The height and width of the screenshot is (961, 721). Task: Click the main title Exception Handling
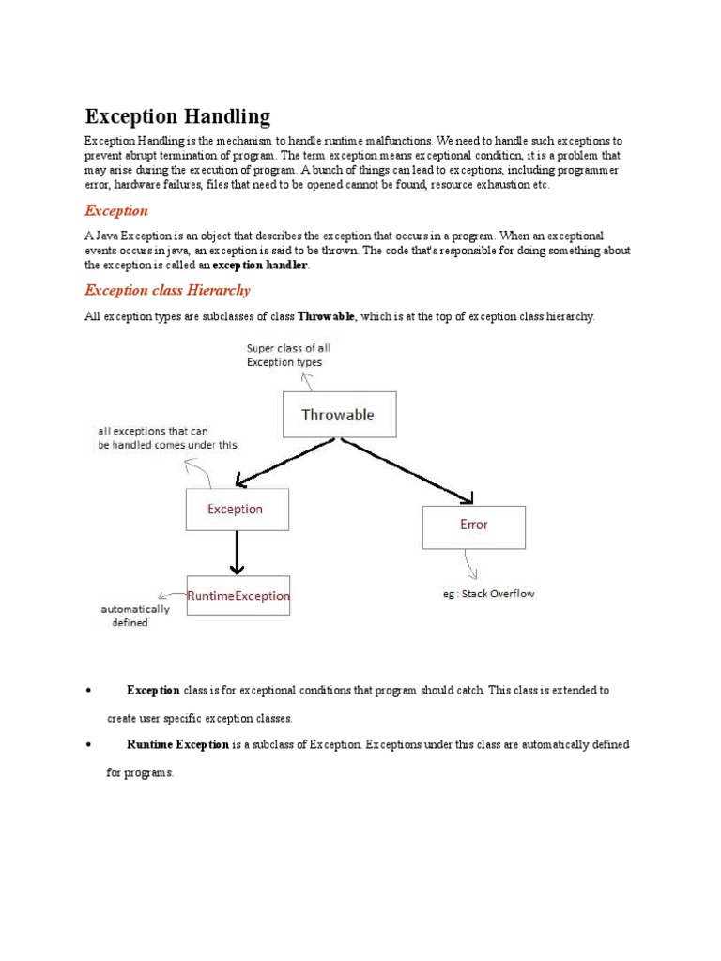click(177, 116)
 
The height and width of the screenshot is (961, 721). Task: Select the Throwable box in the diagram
click(339, 415)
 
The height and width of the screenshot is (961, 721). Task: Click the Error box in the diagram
click(473, 526)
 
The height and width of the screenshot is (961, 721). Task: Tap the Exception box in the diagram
click(237, 510)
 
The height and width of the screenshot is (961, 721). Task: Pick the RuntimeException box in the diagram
click(238, 596)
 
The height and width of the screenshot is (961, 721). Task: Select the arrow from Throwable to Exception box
click(282, 463)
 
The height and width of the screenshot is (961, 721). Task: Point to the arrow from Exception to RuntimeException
click(237, 553)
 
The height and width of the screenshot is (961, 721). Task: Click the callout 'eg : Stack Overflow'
click(488, 594)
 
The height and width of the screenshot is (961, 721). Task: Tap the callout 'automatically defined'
click(135, 616)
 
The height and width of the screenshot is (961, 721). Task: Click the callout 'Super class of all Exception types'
click(287, 355)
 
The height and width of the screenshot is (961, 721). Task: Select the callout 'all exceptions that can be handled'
click(167, 438)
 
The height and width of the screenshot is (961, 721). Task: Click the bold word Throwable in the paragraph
click(326, 317)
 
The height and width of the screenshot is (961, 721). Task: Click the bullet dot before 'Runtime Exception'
click(86, 745)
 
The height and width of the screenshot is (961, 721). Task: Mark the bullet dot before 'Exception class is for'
click(86, 691)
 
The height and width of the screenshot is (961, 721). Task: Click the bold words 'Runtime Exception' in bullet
click(177, 744)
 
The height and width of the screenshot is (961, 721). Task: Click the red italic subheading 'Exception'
click(116, 211)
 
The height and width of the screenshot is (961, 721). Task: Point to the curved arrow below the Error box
click(469, 565)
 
